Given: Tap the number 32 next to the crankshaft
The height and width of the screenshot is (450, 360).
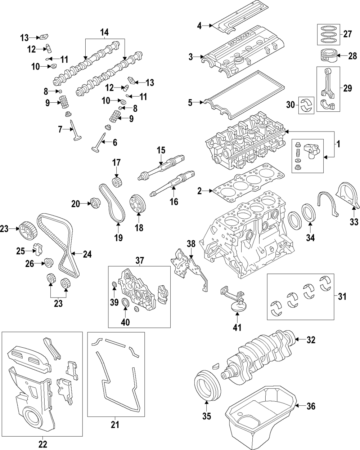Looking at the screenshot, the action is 311,340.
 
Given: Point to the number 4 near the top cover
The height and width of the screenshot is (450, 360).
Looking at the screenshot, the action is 199,26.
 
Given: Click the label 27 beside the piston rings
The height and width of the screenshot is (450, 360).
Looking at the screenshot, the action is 347,34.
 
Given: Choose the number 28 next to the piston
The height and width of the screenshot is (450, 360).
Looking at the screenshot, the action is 353,56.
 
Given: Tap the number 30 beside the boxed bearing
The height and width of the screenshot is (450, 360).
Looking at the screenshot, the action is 291,105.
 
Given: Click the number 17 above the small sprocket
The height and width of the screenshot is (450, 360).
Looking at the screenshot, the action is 116,162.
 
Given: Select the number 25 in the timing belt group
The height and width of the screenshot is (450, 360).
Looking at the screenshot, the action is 21,251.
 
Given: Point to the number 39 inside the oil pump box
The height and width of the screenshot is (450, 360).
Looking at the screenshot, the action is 114,302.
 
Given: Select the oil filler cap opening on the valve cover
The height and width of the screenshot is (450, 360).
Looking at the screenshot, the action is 238,61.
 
